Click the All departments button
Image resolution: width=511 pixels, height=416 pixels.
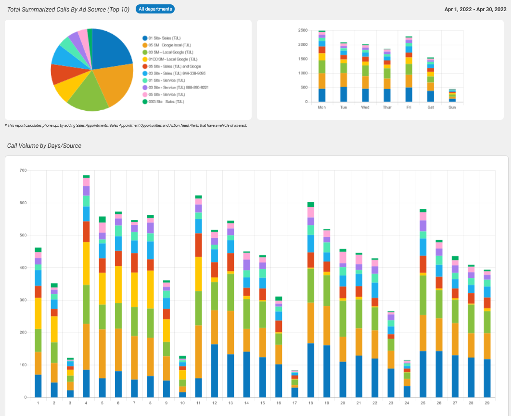coord(155,9)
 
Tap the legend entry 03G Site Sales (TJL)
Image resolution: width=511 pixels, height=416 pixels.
coord(166,102)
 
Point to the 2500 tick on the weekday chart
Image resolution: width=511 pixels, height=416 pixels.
coord(303,30)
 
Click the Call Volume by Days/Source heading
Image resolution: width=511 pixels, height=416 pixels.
coord(44,145)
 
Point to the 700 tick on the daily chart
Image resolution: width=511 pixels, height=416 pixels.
coord(22,170)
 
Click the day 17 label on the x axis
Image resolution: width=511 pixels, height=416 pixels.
coord(294,403)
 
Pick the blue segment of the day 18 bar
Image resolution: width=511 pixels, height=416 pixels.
coord(311,370)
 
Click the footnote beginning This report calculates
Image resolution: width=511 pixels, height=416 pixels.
coord(126,125)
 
